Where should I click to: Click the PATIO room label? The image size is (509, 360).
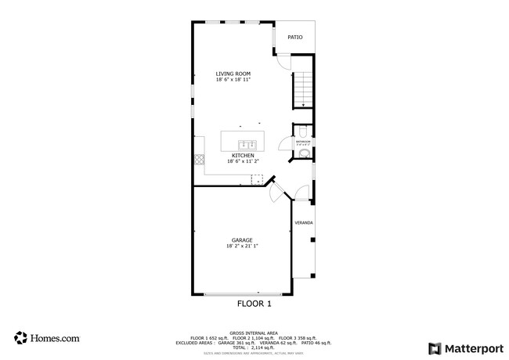(x=294, y=37)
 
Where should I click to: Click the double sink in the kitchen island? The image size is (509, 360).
(x=247, y=144)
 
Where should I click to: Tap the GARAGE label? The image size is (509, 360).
(x=241, y=239)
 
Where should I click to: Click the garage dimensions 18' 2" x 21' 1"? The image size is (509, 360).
(x=241, y=246)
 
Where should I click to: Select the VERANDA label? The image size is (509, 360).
(x=304, y=223)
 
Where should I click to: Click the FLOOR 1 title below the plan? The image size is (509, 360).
(x=254, y=302)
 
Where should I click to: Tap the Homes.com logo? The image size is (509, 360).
(x=46, y=338)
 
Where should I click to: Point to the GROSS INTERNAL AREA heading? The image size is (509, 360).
(x=254, y=333)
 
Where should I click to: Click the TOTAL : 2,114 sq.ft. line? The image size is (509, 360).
(x=254, y=347)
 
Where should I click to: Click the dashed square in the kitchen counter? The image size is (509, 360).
(x=256, y=179)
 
